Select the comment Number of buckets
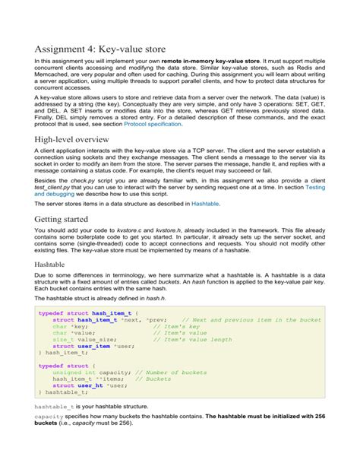click(x=173, y=394)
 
